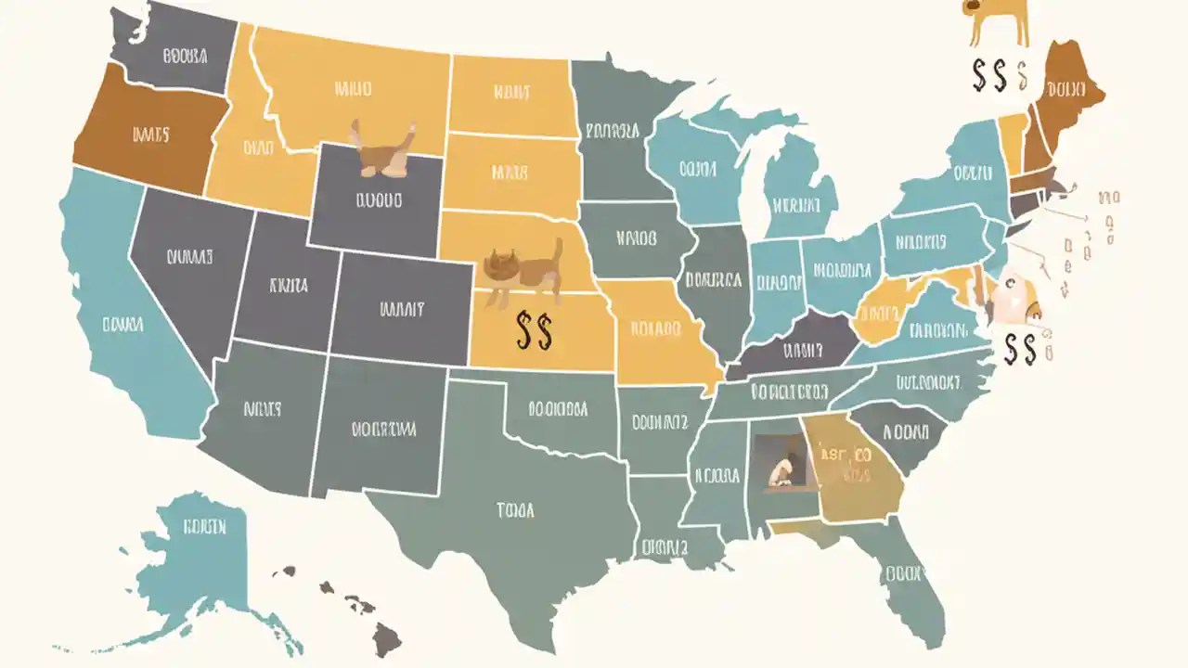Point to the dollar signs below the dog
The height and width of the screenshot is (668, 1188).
(x=990, y=76)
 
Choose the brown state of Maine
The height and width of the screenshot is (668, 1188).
(x=1067, y=93)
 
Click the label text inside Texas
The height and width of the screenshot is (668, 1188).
(x=515, y=509)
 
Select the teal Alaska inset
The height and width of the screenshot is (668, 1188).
(x=200, y=557)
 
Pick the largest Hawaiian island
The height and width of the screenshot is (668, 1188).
(x=387, y=638)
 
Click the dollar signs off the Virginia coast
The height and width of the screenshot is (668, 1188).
(x=1020, y=348)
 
